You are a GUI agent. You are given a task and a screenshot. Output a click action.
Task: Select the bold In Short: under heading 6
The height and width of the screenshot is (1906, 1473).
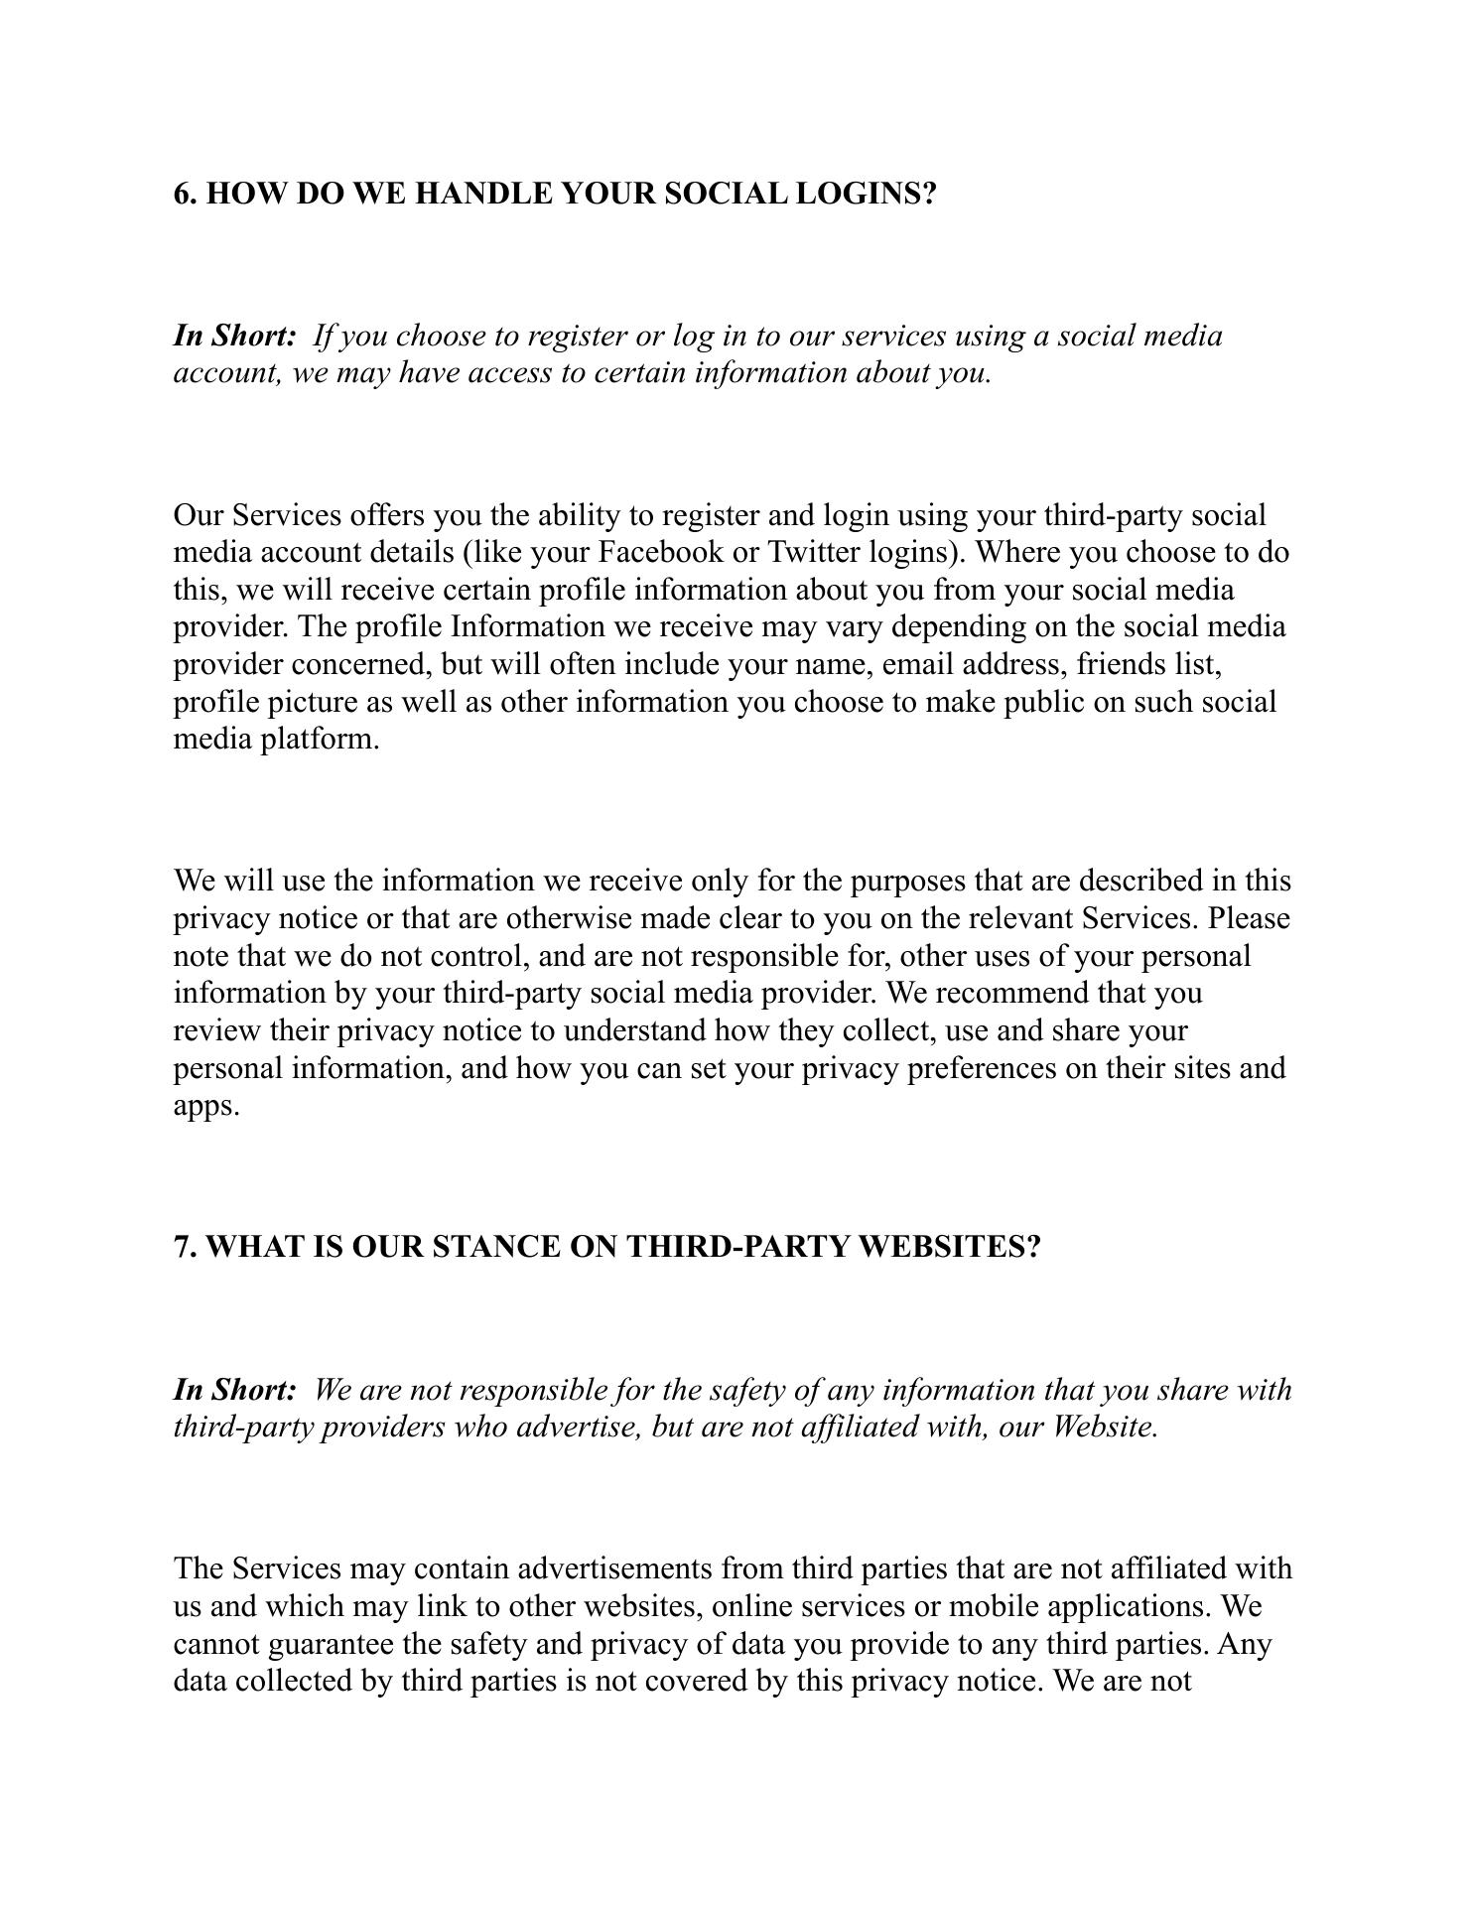point(235,336)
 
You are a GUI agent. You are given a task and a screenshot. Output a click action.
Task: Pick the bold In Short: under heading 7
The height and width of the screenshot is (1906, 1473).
point(235,1389)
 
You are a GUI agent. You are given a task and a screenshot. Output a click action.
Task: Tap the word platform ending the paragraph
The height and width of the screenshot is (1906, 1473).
point(320,740)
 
